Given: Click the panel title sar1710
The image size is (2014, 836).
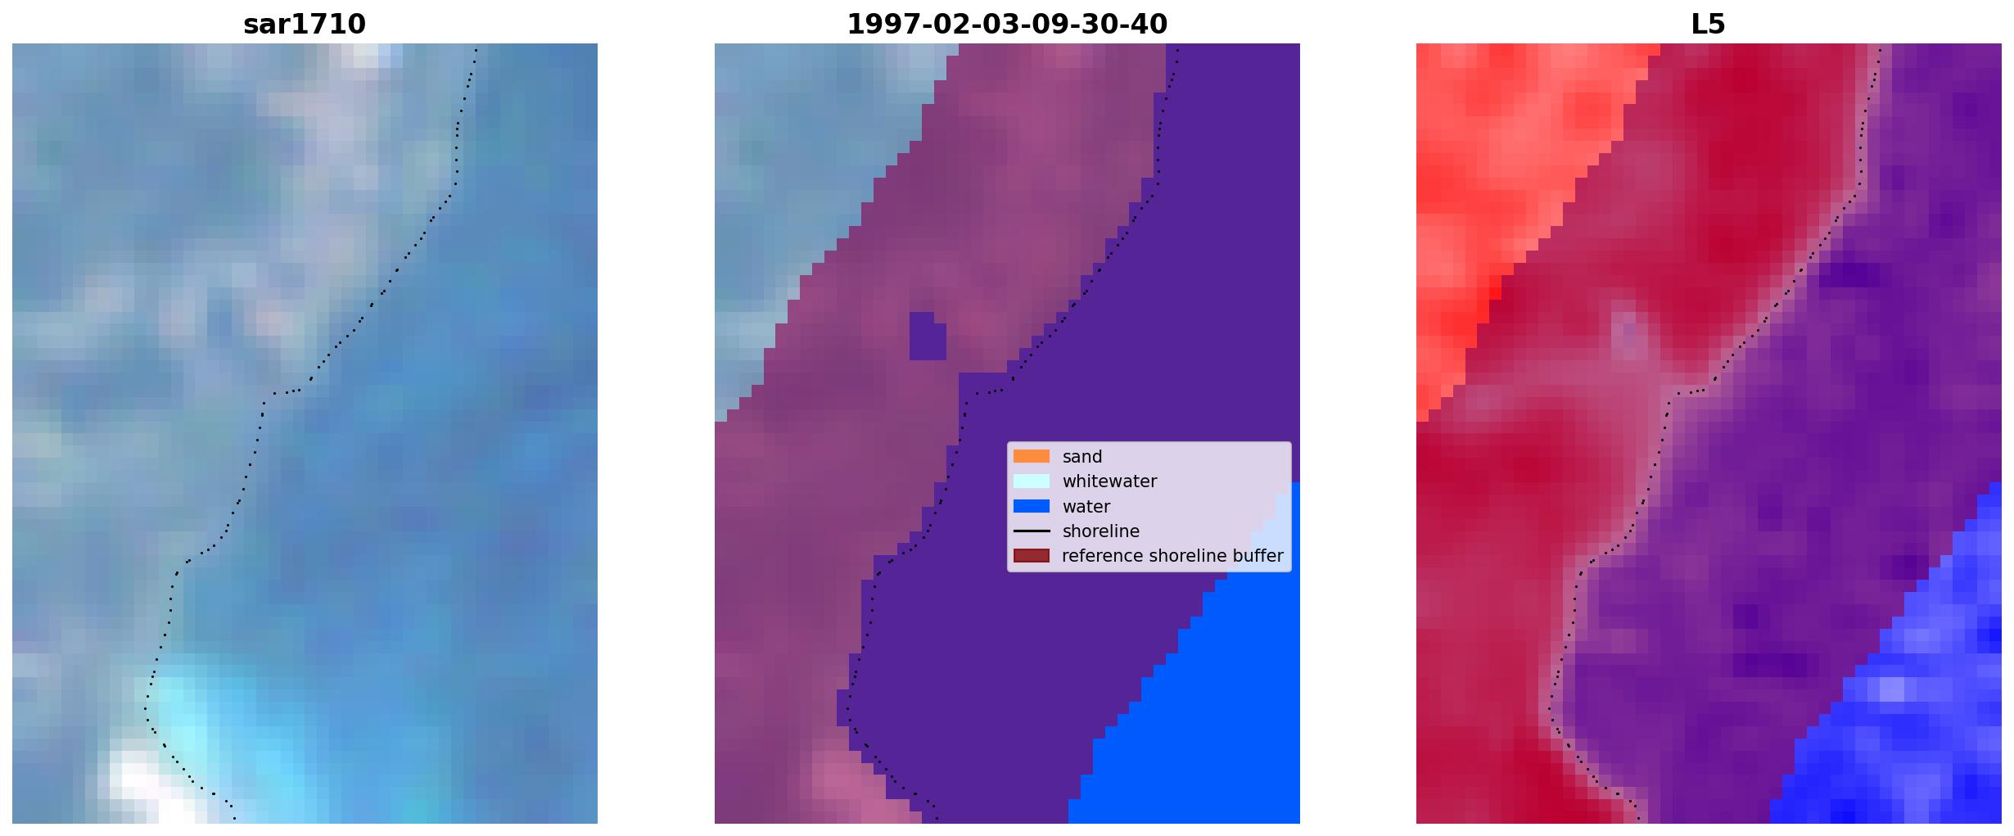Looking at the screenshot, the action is point(305,25).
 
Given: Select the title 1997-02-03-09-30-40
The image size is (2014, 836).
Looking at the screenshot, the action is point(1007,25).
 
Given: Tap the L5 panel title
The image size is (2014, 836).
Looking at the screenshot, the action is point(1709,25).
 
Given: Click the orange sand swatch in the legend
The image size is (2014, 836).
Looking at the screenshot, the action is point(1032,456).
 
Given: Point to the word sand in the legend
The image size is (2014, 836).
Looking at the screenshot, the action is point(1082,457).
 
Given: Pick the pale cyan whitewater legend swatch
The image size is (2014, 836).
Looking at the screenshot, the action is point(1032,481).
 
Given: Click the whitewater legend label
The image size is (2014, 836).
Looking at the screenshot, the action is point(1109,481).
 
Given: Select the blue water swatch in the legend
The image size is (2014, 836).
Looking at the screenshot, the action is point(1032,506).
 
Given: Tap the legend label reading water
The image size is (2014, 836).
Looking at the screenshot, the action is point(1086,507).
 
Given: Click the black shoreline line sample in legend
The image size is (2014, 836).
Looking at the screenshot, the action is point(1032,531).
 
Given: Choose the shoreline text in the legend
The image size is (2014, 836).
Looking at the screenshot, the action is point(1101,531).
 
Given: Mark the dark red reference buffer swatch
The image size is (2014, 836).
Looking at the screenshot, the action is point(1032,556).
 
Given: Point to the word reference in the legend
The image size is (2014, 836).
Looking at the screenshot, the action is point(1103,556).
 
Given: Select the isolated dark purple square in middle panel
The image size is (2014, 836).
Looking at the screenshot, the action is point(928,336).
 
